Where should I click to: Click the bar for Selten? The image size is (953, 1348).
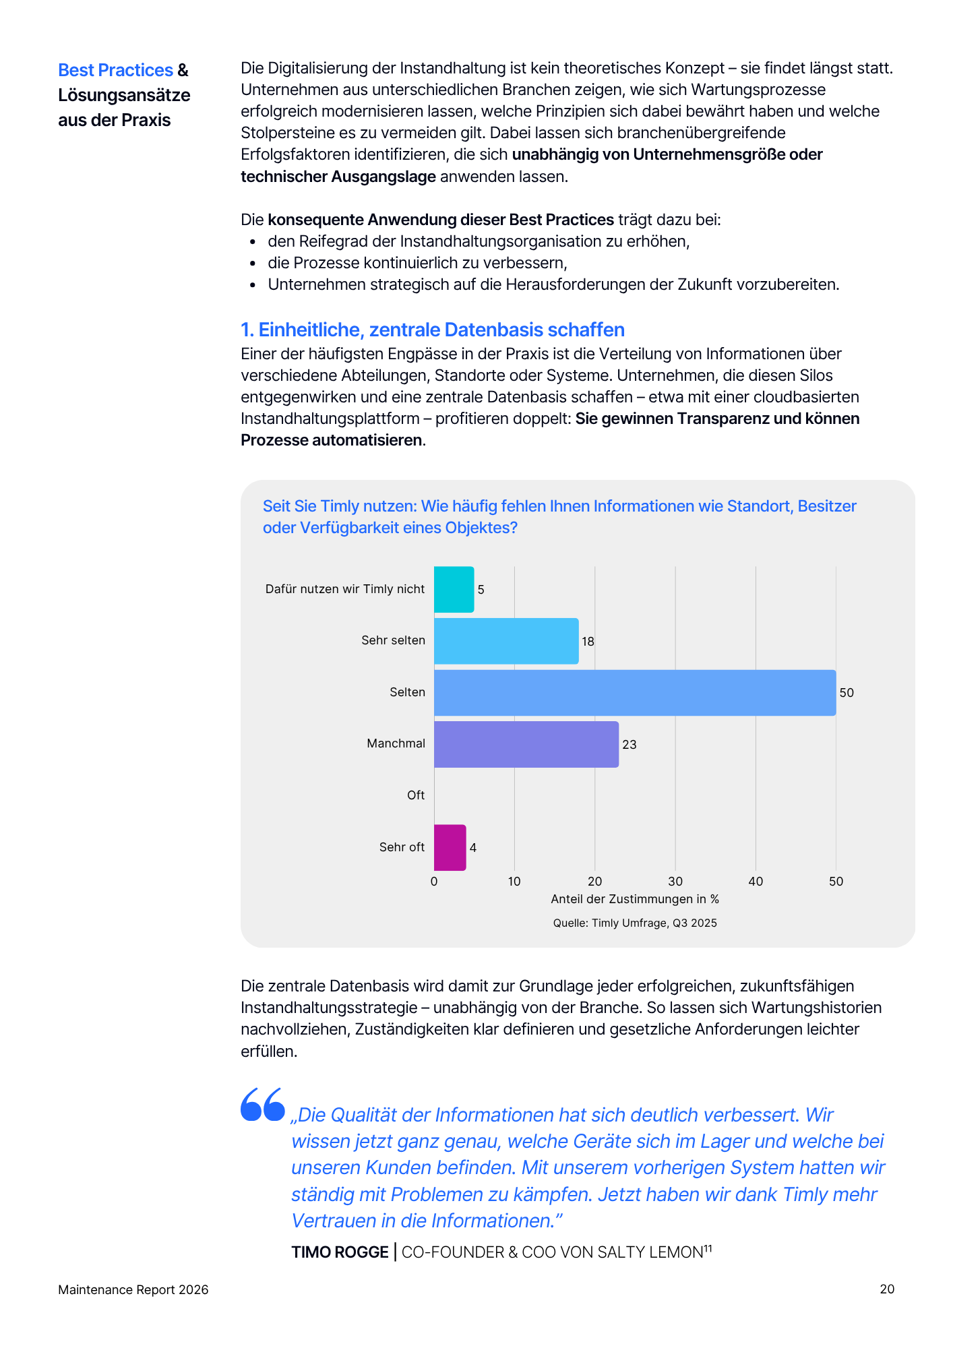(x=634, y=693)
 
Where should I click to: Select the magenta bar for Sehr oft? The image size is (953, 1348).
(x=450, y=847)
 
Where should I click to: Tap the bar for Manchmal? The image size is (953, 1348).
(x=526, y=744)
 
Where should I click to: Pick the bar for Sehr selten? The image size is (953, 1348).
(x=505, y=641)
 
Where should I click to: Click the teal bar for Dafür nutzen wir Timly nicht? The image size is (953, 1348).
(x=454, y=590)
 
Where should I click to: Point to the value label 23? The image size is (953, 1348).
(x=629, y=745)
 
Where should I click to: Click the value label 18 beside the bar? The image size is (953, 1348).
(x=588, y=642)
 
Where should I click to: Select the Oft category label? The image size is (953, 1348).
(x=415, y=795)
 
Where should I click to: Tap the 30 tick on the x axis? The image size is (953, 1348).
(x=675, y=882)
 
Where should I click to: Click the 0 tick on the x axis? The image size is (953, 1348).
(x=434, y=882)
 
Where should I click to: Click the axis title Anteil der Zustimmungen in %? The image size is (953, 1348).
(x=635, y=899)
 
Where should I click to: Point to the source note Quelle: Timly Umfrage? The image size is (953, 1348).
(x=635, y=923)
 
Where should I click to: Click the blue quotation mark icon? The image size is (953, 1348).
(x=263, y=1104)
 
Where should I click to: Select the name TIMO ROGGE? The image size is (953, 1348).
(x=340, y=1252)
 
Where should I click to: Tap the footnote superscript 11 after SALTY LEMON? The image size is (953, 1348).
(x=708, y=1248)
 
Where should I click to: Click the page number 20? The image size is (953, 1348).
(x=887, y=1289)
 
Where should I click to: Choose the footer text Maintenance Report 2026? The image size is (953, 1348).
(x=133, y=1290)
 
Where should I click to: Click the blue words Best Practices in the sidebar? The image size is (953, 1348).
(x=115, y=70)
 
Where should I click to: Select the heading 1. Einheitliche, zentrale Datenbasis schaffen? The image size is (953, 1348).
(x=433, y=330)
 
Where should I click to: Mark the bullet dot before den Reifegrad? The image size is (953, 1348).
(x=253, y=242)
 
